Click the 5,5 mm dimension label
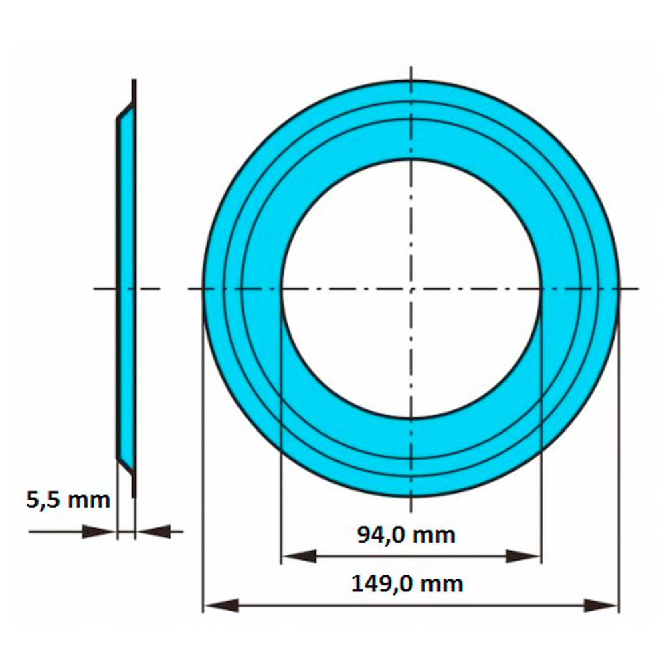(x=68, y=500)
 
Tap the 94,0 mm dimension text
(x=406, y=535)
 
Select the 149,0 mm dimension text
(x=407, y=584)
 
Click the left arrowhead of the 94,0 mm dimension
(x=298, y=557)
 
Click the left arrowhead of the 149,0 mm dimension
(x=221, y=605)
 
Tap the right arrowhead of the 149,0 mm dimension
(x=601, y=605)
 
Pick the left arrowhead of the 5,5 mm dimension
(x=99, y=532)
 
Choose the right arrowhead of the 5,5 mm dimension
(x=153, y=532)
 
